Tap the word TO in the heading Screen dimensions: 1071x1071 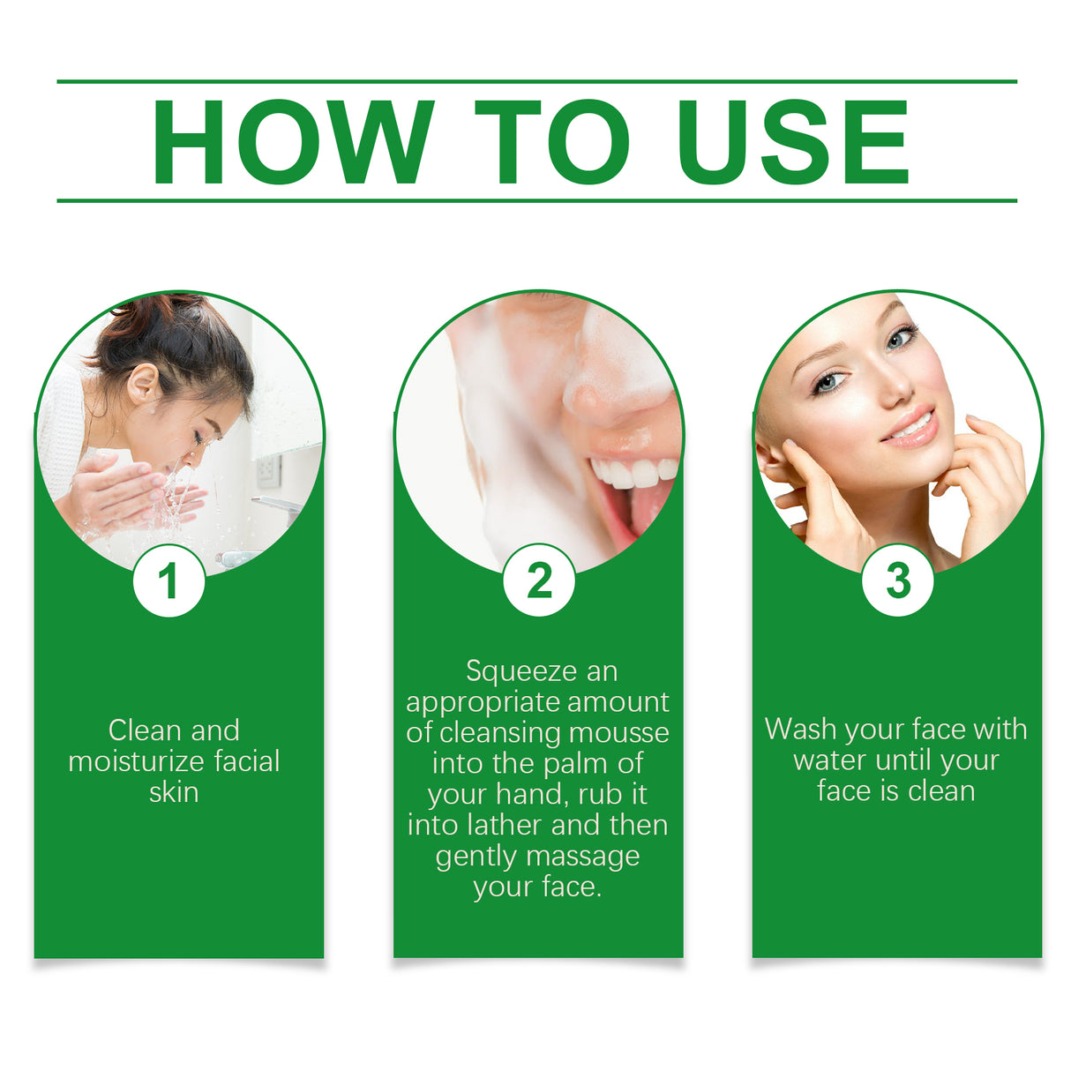pos(552,143)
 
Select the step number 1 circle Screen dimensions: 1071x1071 pos(169,581)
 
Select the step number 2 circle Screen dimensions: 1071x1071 pos(539,581)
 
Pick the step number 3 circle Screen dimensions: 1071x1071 pos(897,581)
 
